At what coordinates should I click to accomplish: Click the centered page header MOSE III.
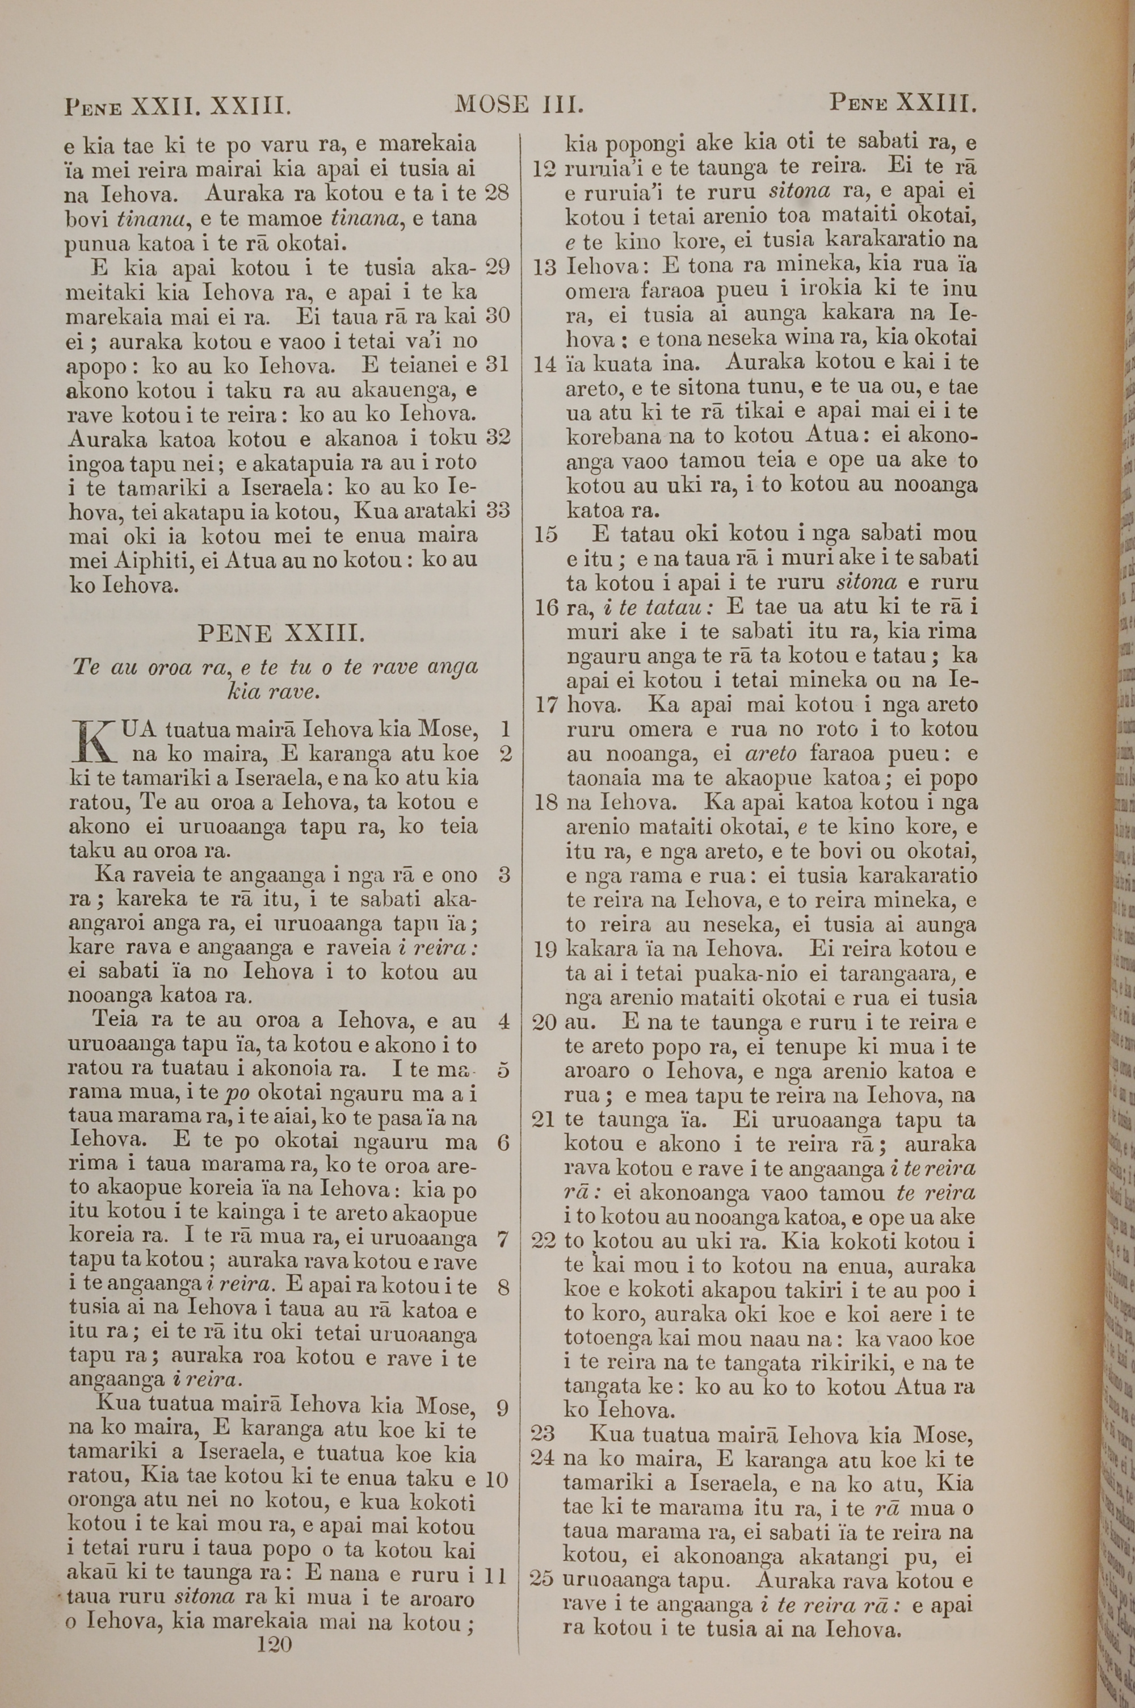[519, 105]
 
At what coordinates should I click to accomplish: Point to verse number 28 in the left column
[497, 193]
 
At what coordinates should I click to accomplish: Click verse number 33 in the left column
[497, 511]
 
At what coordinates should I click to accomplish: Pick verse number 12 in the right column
[544, 169]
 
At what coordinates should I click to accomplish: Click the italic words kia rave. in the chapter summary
[274, 692]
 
